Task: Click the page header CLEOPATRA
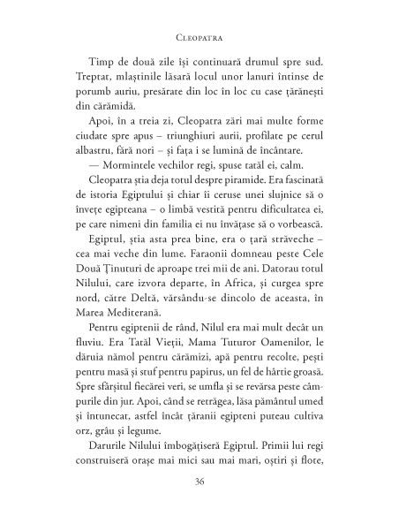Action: (x=199, y=39)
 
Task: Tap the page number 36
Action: (x=199, y=482)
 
